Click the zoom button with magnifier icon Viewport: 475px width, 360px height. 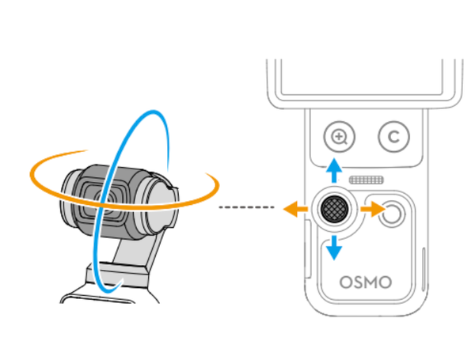(340, 137)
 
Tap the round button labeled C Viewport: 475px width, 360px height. (393, 137)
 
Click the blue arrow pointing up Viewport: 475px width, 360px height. (334, 170)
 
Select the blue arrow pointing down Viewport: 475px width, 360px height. (334, 248)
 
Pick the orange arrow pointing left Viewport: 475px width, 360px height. (295, 209)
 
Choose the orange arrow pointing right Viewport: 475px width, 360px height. (373, 209)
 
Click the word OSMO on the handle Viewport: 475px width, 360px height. (366, 282)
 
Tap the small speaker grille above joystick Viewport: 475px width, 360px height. (367, 180)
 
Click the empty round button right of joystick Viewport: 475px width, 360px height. (392, 214)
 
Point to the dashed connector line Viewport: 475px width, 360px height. (246, 207)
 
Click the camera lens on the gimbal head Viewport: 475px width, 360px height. (103, 200)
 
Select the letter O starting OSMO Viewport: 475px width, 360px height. (346, 282)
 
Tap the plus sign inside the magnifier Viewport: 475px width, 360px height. (338, 136)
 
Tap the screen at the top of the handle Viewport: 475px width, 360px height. (362, 78)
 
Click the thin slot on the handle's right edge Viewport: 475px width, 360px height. (424, 269)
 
